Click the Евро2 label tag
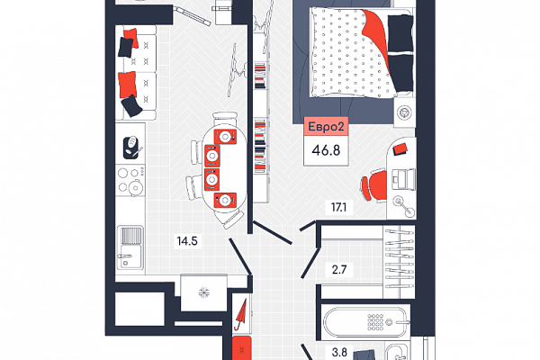326,126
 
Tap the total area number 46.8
326,150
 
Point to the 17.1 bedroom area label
338,207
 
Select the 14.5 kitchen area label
187,241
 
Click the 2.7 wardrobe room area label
339,269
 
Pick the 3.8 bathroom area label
339,353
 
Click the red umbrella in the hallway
240,314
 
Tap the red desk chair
374,185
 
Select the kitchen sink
130,247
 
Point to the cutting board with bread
132,148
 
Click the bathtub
365,322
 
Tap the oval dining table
224,166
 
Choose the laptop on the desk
403,178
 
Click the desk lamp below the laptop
404,206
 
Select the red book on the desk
400,149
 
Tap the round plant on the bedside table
404,112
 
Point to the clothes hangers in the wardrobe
399,257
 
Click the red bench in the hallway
242,348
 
